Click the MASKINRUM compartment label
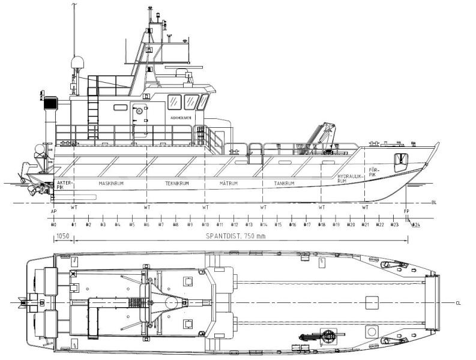pos(111,183)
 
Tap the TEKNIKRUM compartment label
pos(177,183)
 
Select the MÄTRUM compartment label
pos(229,183)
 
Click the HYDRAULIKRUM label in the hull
pos(351,178)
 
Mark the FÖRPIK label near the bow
pos(375,172)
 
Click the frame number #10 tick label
pos(205,224)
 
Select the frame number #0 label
pos(53,224)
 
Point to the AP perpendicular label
pos(53,211)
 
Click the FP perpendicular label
pos(407,211)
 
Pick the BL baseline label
pos(434,203)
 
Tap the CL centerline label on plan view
pos(458,303)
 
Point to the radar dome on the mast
pos(77,64)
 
